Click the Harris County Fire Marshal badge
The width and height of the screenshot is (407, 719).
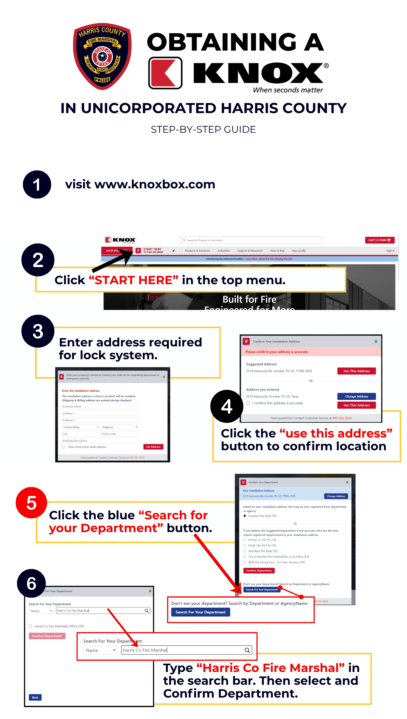pos(102,56)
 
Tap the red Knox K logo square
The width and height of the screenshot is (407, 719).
pos(165,73)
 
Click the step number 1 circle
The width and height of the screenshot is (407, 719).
pos(37,185)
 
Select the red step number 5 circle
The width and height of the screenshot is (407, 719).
pos(31,503)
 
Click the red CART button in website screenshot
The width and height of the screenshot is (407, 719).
pos(380,240)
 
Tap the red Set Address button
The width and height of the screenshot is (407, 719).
pos(153,447)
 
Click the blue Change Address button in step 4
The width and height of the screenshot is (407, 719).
pos(356,396)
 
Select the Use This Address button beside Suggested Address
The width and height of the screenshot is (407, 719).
pos(356,371)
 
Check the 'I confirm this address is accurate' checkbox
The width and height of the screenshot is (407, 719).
pos(248,403)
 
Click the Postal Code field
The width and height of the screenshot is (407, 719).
pos(119,434)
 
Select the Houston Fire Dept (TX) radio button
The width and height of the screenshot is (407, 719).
pos(245,516)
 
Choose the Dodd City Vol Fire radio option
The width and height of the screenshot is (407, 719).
pos(245,545)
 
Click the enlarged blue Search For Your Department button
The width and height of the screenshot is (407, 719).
pos(201,612)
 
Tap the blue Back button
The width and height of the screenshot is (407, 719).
pos(35,697)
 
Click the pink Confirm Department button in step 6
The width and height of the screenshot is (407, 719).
pos(47,636)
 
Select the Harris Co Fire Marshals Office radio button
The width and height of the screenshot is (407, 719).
pos(31,626)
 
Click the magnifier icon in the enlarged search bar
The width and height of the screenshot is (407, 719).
pos(247,650)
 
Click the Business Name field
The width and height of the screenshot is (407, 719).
pos(100,407)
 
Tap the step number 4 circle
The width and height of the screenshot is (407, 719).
pos(227,406)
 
